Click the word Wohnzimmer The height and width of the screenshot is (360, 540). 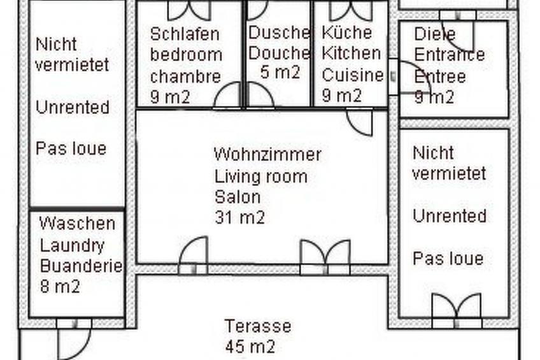(267, 155)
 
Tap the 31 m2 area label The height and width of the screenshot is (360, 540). (239, 217)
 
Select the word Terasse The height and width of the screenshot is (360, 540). (257, 326)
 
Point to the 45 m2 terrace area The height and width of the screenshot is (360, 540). (250, 347)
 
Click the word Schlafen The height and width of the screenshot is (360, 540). (184, 33)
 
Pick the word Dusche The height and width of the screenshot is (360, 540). (278, 32)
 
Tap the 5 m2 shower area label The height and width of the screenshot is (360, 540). (280, 72)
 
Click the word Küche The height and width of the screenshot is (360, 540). (346, 32)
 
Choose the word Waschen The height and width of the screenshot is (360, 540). (77, 224)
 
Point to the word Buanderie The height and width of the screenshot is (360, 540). (81, 266)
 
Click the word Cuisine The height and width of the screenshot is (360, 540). (352, 75)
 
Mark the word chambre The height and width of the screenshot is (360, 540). (185, 76)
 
